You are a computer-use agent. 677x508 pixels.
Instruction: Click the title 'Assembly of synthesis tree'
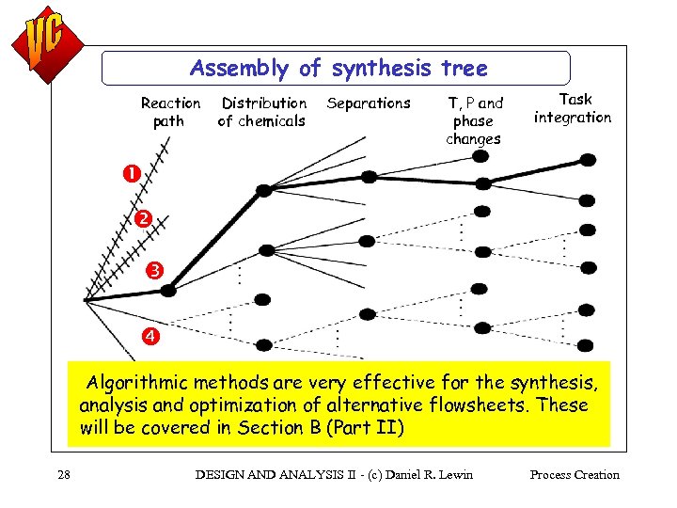pyautogui.click(x=338, y=69)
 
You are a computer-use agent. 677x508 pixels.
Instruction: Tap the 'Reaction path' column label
pyautogui.click(x=170, y=112)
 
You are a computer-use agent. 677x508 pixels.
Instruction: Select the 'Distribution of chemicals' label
pyautogui.click(x=262, y=112)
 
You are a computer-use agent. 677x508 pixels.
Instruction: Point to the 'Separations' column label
pyautogui.click(x=369, y=103)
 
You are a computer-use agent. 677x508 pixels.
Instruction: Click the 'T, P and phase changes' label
pyautogui.click(x=474, y=120)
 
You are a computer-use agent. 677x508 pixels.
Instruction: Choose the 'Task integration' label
pyautogui.click(x=573, y=108)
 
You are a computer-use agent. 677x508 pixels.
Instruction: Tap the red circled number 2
pyautogui.click(x=142, y=219)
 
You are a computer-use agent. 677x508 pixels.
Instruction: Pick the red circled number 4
pyautogui.click(x=150, y=336)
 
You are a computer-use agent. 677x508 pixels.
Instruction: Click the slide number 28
pyautogui.click(x=63, y=475)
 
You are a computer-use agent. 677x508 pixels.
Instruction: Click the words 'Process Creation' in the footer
pyautogui.click(x=575, y=475)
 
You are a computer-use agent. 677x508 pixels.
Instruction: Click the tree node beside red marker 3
pyautogui.click(x=168, y=291)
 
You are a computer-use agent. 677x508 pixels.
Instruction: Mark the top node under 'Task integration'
pyautogui.click(x=587, y=160)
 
